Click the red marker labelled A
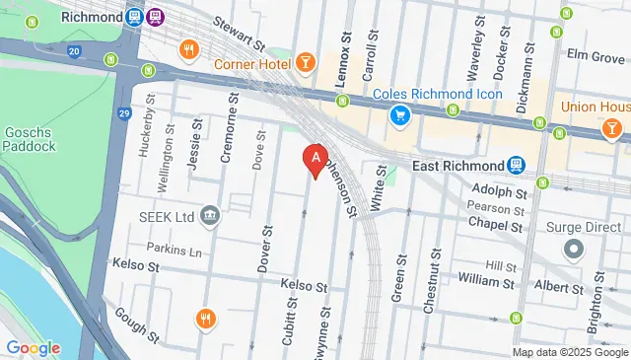tap(315, 158)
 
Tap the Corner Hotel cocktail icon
tap(307, 63)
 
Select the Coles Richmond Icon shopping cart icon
tap(399, 116)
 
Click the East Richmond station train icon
tap(517, 165)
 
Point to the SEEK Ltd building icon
tap(209, 216)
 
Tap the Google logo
tap(33, 347)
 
